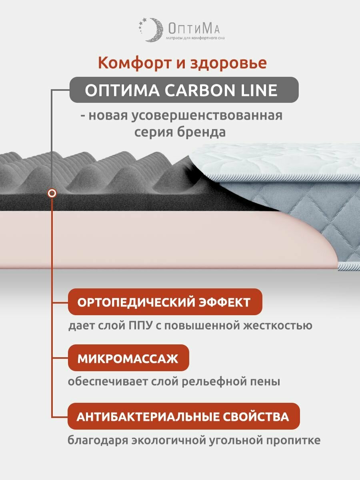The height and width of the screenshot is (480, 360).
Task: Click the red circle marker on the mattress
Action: click(52, 193)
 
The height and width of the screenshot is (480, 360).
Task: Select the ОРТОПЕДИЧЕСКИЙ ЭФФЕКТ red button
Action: click(164, 302)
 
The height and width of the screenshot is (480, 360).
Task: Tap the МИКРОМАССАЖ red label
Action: click(128, 358)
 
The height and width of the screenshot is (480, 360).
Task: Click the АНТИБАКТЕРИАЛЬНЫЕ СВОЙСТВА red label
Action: click(183, 416)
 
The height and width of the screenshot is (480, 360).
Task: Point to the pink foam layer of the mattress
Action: click(160, 240)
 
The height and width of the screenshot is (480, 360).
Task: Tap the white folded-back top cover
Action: click(272, 160)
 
